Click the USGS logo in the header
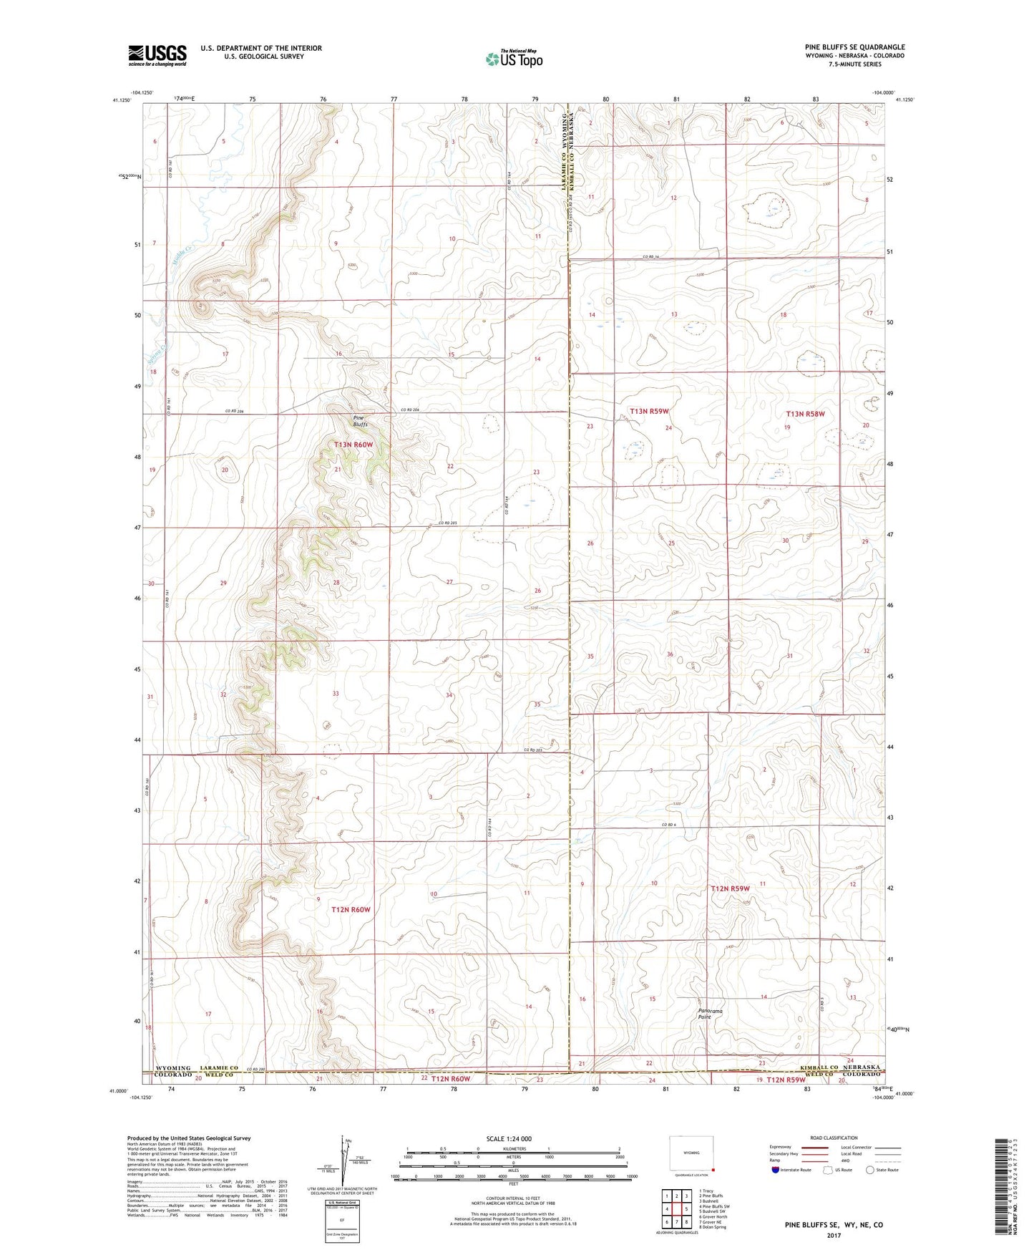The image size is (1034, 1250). point(157,55)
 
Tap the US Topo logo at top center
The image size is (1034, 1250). point(514,59)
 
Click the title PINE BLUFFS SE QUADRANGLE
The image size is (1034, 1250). point(854,47)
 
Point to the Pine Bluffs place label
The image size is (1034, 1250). point(360,421)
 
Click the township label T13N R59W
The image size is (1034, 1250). point(649,411)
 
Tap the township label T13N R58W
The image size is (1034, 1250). point(806,414)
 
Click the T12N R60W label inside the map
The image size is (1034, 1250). point(351,909)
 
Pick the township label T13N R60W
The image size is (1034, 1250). point(353,445)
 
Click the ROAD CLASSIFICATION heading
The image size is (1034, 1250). point(834,1138)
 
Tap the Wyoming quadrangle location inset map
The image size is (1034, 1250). point(691,1153)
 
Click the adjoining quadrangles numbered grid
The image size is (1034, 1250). point(675,1210)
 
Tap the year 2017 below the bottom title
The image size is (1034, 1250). point(833,1236)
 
